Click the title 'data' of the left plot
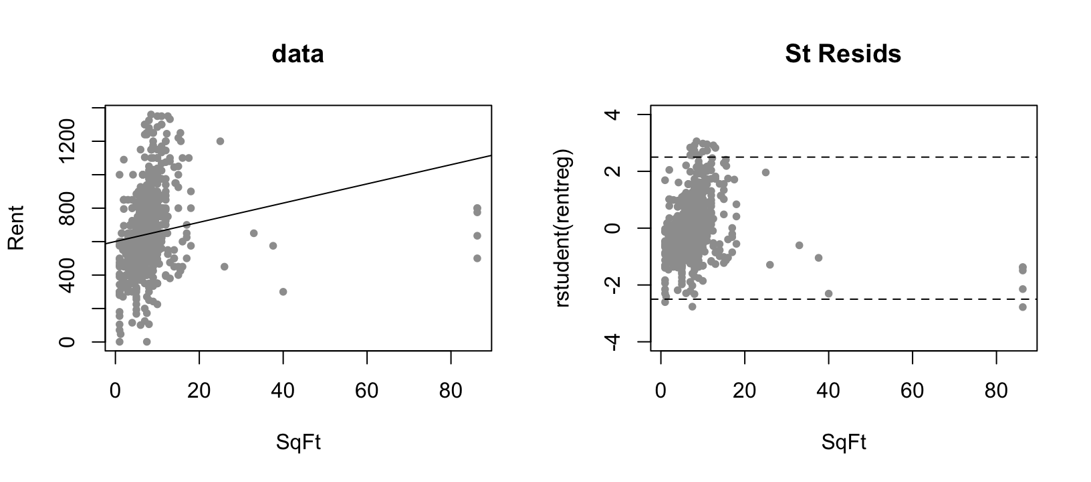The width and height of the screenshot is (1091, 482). pyautogui.click(x=297, y=54)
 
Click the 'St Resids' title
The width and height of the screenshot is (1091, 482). pyautogui.click(x=842, y=54)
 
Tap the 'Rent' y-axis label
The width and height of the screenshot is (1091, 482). pyautogui.click(x=17, y=228)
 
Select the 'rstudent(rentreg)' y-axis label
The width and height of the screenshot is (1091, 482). pyautogui.click(x=563, y=228)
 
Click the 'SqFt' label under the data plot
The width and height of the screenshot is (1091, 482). pyautogui.click(x=298, y=443)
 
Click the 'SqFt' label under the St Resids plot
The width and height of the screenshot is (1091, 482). pyautogui.click(x=844, y=443)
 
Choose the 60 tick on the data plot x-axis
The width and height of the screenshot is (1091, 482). pyautogui.click(x=367, y=390)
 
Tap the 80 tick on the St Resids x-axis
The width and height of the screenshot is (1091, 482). pyautogui.click(x=996, y=390)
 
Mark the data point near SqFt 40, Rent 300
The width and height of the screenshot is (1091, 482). pyautogui.click(x=283, y=292)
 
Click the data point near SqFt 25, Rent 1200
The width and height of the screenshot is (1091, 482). pyautogui.click(x=220, y=141)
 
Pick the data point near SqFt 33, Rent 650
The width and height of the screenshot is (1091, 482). pyautogui.click(x=253, y=233)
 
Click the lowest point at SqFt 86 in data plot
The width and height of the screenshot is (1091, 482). pyautogui.click(x=477, y=258)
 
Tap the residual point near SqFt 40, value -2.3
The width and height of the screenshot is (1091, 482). pyautogui.click(x=828, y=293)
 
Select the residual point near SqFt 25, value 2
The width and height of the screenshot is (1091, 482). pyautogui.click(x=765, y=172)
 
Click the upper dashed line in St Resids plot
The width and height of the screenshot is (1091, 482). pyautogui.click(x=869, y=157)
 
